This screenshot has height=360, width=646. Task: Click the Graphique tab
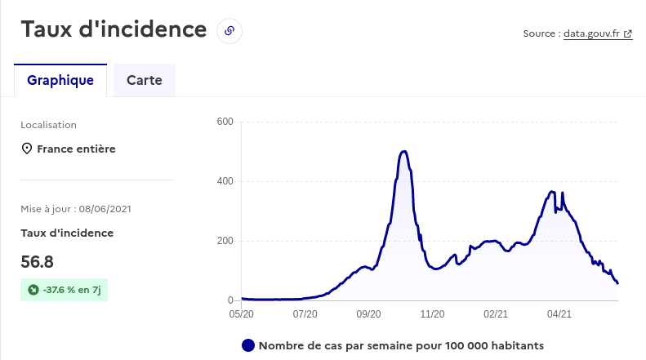[x=60, y=81]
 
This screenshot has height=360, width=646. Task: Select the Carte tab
[x=145, y=81]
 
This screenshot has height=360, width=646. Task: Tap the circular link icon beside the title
[x=229, y=31]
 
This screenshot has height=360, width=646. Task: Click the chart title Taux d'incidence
[x=114, y=29]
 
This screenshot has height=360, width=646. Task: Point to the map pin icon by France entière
[x=27, y=149]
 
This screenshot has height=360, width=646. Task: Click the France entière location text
[x=76, y=149]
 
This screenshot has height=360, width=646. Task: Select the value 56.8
[x=38, y=262]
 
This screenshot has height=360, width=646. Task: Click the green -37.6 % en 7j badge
[x=64, y=289]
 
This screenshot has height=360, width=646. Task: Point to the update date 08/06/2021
[x=105, y=209]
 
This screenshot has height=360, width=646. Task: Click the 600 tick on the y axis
[x=225, y=122]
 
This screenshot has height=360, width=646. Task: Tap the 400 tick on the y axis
[x=225, y=181]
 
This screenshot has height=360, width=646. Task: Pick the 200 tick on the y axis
[x=225, y=241]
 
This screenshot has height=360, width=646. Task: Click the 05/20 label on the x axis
[x=241, y=313]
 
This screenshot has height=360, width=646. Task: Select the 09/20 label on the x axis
[x=368, y=313]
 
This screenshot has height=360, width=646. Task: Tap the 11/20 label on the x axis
[x=432, y=313]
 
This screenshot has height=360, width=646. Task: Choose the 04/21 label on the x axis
[x=559, y=313]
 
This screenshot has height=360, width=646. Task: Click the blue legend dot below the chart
[x=248, y=345]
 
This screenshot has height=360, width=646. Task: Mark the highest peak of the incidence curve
[x=404, y=151]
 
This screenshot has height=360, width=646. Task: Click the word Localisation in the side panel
[x=48, y=125]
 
